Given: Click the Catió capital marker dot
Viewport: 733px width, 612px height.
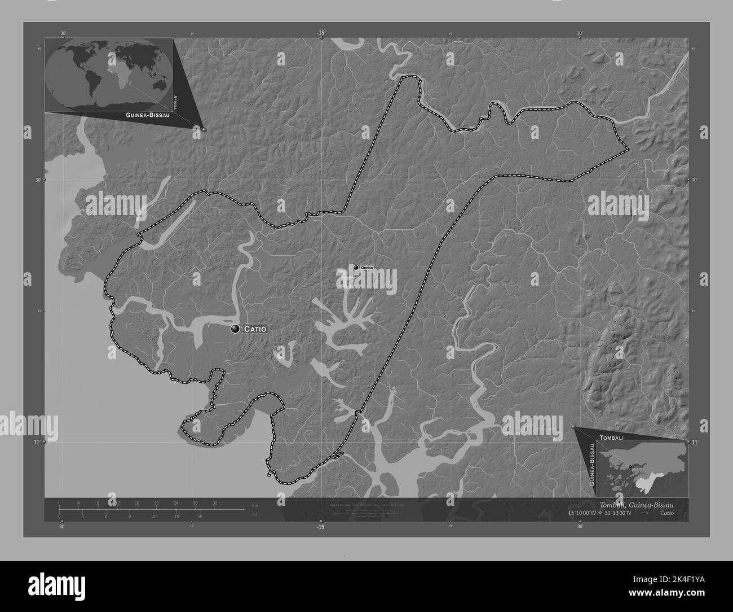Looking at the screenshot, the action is coord(235,329).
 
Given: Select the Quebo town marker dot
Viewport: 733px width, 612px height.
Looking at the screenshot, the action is coord(356,268).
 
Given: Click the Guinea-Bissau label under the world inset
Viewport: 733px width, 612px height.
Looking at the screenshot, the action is coord(141,114).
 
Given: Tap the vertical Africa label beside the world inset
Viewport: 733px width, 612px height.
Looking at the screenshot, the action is coord(175,102).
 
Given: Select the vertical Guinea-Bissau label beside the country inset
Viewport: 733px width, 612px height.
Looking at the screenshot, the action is coord(591,465).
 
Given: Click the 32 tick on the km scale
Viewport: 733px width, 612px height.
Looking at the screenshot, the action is coord(215,502).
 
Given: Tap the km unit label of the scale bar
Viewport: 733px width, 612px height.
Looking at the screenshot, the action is coord(255,505).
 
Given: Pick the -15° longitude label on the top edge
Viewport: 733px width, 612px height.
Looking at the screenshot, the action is coord(320,33).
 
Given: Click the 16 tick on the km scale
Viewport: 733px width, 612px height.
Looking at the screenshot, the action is coord(137,502).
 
